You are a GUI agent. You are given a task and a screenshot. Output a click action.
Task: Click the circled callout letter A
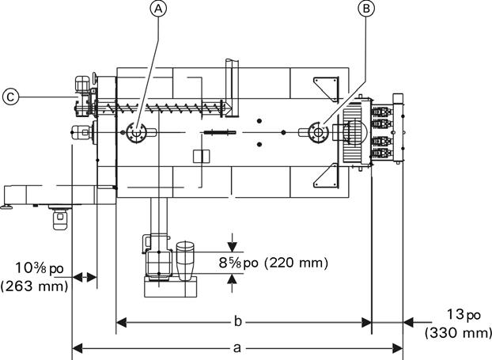click(x=159, y=9)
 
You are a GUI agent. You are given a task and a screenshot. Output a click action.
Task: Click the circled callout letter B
click(x=366, y=9)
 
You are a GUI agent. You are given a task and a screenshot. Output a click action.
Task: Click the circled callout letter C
click(x=10, y=97)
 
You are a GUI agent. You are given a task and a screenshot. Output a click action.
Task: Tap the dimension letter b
click(x=238, y=321)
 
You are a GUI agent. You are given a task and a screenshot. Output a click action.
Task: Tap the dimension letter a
click(x=237, y=347)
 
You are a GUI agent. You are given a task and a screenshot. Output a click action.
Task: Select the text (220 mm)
click(x=296, y=263)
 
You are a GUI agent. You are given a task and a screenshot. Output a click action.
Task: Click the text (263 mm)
click(x=34, y=286)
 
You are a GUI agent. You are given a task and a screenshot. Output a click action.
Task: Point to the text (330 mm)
click(x=458, y=332)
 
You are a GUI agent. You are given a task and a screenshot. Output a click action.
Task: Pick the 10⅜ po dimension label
click(x=40, y=268)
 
